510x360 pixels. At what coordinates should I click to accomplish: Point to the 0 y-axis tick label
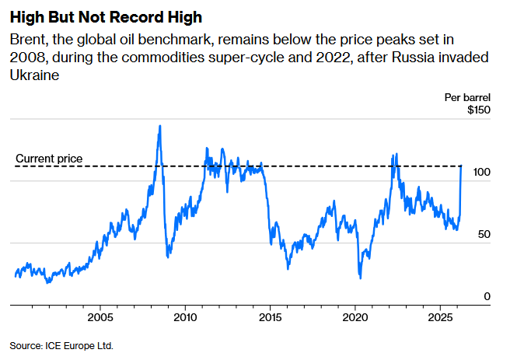coord(487,297)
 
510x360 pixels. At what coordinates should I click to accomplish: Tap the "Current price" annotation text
coord(49,159)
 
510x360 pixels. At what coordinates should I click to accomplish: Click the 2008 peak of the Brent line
coord(159,126)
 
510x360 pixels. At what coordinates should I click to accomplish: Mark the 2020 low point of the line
coord(360,278)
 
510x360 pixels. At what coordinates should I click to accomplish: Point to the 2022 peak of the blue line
coord(396,154)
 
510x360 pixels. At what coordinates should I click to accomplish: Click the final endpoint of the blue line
coord(462,166)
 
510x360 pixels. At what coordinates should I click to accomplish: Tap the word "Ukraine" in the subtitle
coord(34,75)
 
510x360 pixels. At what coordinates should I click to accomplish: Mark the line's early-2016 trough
coord(288,268)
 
